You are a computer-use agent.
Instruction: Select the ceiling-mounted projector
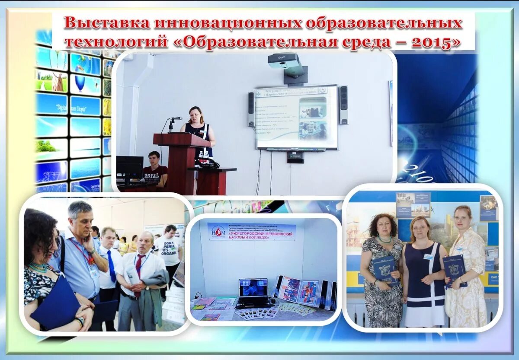click(284, 61)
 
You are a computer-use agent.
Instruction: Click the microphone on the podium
click(175, 119)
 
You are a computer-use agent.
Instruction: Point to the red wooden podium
click(181, 160)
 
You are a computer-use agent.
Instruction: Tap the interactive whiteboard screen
click(296, 117)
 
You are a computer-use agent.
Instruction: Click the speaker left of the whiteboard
click(251, 109)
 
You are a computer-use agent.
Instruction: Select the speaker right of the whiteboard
click(343, 105)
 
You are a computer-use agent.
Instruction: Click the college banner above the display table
click(252, 232)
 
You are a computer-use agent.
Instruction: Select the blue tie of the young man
click(111, 266)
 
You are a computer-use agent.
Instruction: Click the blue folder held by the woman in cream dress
click(454, 270)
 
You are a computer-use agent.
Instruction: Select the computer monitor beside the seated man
click(129, 167)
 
